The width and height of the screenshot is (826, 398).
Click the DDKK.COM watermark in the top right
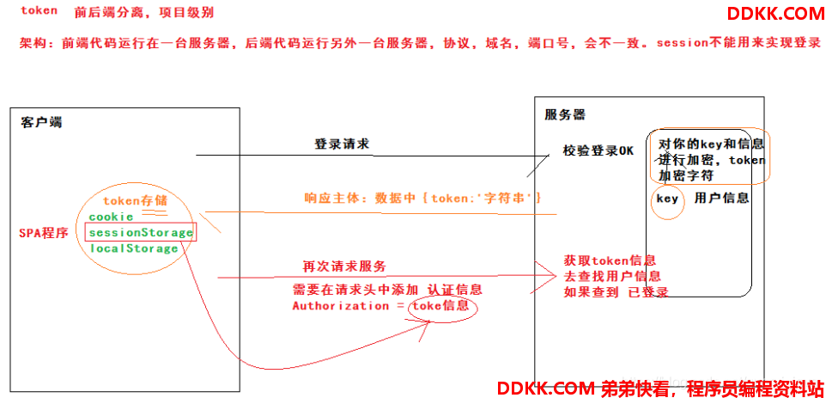pos(775,13)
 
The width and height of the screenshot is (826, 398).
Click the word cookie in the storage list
pos(111,217)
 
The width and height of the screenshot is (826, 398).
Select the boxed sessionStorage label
pos(140,232)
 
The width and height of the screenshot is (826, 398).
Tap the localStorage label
pos(133,248)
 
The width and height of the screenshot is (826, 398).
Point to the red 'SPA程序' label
pos(44,233)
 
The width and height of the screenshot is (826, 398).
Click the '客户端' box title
pos(41,122)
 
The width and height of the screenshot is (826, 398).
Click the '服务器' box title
pos(565,113)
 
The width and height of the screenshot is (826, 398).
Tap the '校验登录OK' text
pos(598,150)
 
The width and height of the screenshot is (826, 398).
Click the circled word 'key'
pos(667,199)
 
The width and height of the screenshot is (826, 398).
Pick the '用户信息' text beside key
pos(721,199)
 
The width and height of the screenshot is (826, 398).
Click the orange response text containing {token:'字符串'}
pos(422,198)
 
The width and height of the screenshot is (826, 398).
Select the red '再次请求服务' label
pos(343,266)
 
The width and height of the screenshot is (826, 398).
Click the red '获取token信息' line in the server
pos(610,260)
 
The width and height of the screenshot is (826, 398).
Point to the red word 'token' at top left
pos(39,11)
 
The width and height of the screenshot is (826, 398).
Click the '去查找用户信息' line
pos(612,276)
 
